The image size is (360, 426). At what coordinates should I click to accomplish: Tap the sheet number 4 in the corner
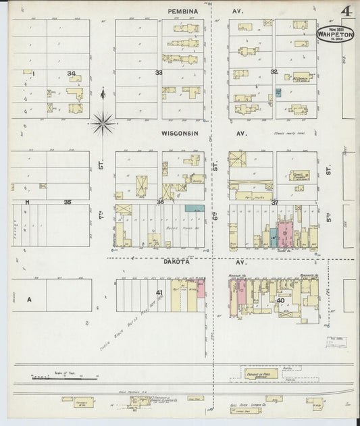click(x=346, y=11)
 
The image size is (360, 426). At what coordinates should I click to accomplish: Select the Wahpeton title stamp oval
click(x=336, y=35)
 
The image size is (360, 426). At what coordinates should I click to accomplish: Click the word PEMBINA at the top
click(x=182, y=12)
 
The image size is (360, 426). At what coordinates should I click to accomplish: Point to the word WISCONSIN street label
click(x=179, y=134)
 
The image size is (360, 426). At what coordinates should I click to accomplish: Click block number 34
click(x=71, y=73)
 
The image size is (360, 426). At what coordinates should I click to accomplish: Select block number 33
click(x=159, y=73)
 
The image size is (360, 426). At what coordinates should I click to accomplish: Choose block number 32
click(x=274, y=71)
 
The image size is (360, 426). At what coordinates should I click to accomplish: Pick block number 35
click(x=68, y=202)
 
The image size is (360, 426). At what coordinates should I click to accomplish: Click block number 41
click(x=160, y=293)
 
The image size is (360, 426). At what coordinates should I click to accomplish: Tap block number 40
click(x=280, y=300)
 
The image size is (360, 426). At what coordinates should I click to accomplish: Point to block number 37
click(x=275, y=203)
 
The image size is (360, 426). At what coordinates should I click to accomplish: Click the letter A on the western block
click(x=29, y=298)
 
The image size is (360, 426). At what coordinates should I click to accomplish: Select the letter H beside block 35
click(x=28, y=202)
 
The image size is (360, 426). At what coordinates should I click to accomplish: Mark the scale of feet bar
click(x=51, y=378)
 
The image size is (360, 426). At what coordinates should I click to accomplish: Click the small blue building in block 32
click(x=278, y=92)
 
